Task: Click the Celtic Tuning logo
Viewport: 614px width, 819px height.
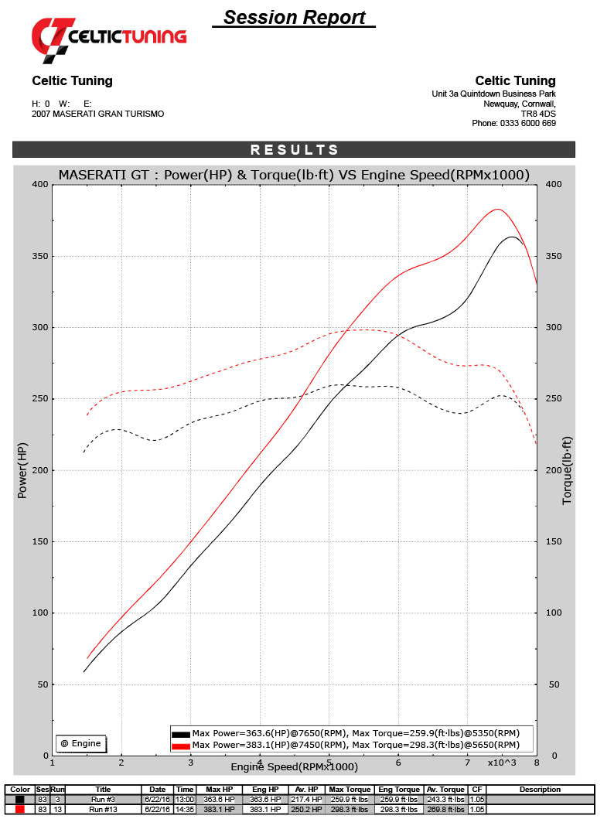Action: click(x=108, y=38)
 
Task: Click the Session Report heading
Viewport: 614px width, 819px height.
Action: click(x=294, y=17)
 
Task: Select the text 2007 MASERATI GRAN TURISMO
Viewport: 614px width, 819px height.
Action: click(x=97, y=114)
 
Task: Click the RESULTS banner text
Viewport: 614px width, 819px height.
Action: click(x=294, y=150)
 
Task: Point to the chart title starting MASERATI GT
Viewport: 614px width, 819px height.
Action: click(x=294, y=176)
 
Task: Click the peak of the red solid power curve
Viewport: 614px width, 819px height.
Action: click(x=498, y=210)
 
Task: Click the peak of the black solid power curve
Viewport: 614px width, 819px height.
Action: click(x=512, y=237)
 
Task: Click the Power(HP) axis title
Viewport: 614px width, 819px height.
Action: click(x=23, y=469)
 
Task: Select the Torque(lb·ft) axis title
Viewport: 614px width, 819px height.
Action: click(x=567, y=469)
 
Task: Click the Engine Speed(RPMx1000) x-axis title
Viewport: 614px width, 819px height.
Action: click(x=294, y=766)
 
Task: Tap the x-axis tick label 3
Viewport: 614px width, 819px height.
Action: click(x=191, y=763)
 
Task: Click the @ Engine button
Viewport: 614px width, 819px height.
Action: click(x=81, y=743)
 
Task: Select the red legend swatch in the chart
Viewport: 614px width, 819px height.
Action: click(x=181, y=746)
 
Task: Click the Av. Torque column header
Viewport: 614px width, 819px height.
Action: click(x=445, y=790)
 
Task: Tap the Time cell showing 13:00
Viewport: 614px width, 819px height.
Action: click(x=184, y=800)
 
